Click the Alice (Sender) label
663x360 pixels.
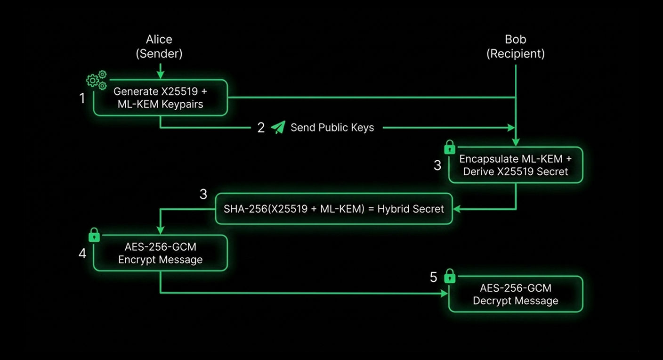(x=159, y=47)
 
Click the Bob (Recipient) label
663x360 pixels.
(x=516, y=47)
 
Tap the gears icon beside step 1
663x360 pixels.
(x=97, y=80)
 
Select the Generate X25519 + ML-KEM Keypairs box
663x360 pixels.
(x=161, y=98)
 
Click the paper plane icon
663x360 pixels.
(x=278, y=127)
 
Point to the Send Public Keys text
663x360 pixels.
(x=332, y=127)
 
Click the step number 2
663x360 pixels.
(x=261, y=128)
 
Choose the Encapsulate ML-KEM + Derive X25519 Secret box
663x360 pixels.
(x=516, y=165)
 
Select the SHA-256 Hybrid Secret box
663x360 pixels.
(x=334, y=209)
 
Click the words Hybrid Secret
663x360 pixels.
(x=411, y=209)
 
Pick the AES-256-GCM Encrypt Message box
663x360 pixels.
(x=161, y=253)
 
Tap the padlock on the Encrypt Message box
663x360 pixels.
(x=94, y=235)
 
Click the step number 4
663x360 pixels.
(x=82, y=254)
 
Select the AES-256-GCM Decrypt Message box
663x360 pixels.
(x=516, y=294)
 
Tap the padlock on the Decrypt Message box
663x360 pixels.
(x=450, y=276)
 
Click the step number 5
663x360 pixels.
(x=433, y=278)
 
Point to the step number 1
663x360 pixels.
(x=82, y=98)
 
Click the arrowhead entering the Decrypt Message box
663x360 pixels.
(x=444, y=294)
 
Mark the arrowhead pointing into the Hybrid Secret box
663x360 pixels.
(x=457, y=209)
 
